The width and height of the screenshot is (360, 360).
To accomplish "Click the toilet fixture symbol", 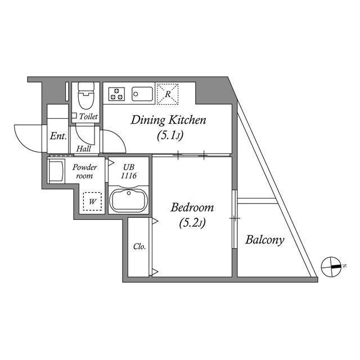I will (86, 97).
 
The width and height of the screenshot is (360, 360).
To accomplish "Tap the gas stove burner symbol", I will (116, 93).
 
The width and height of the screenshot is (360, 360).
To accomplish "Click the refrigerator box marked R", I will (167, 93).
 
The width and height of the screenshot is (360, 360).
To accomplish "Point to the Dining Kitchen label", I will (169, 120).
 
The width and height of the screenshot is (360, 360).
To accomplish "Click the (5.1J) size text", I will (169, 136).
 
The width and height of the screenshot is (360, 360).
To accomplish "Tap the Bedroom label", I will (193, 207).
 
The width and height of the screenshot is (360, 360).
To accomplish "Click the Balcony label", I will (264, 240).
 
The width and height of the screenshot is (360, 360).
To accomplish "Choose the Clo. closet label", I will (139, 246).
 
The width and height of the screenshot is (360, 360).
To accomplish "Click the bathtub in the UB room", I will (129, 201).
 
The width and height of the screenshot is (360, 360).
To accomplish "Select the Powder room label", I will (85, 172).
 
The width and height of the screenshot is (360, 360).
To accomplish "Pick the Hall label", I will (84, 149).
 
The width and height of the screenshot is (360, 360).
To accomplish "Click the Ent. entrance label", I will (58, 136).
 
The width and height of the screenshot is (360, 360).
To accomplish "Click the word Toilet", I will (88, 116).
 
